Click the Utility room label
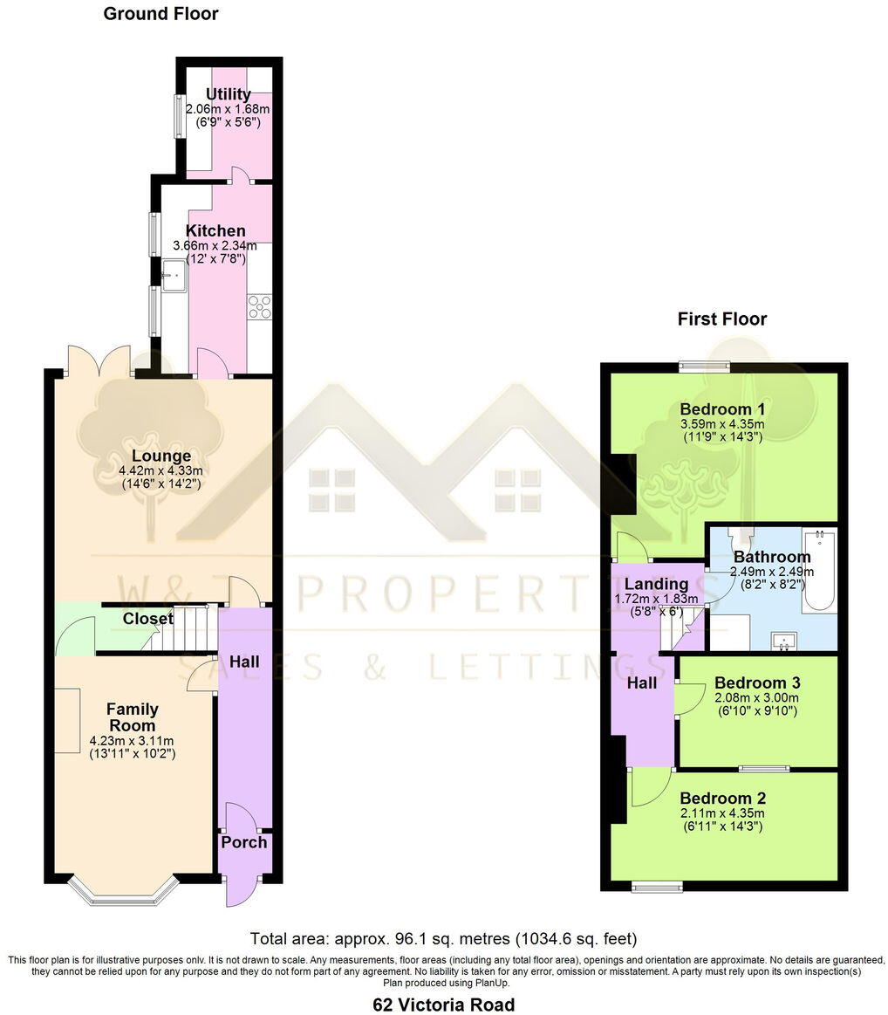coord(229,94)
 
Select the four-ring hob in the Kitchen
coord(259,306)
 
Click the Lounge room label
coord(161,456)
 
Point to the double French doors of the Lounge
coord(99,360)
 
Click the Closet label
coord(147,619)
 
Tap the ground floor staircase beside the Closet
coord(188,629)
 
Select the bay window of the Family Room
coord(124,889)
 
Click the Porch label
coord(243,842)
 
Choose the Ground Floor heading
coord(161,14)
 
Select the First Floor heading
coord(722,319)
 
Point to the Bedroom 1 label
coord(722,409)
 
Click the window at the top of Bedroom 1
coord(707,366)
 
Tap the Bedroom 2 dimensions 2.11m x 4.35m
coord(722,813)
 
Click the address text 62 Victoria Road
coord(443,1005)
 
